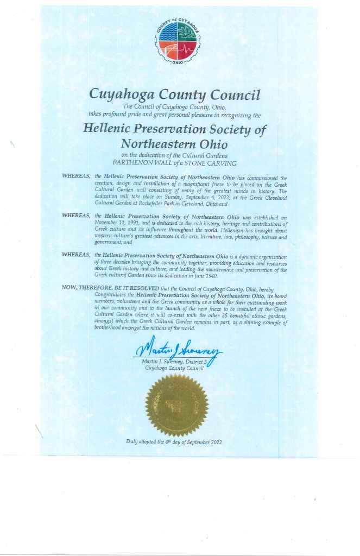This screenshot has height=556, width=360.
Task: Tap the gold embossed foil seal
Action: point(177,405)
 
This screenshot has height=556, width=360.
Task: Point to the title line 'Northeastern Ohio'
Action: point(174,144)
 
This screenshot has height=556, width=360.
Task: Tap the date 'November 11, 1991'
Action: point(118,223)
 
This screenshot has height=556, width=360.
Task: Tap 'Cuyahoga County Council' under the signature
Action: point(174,369)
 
